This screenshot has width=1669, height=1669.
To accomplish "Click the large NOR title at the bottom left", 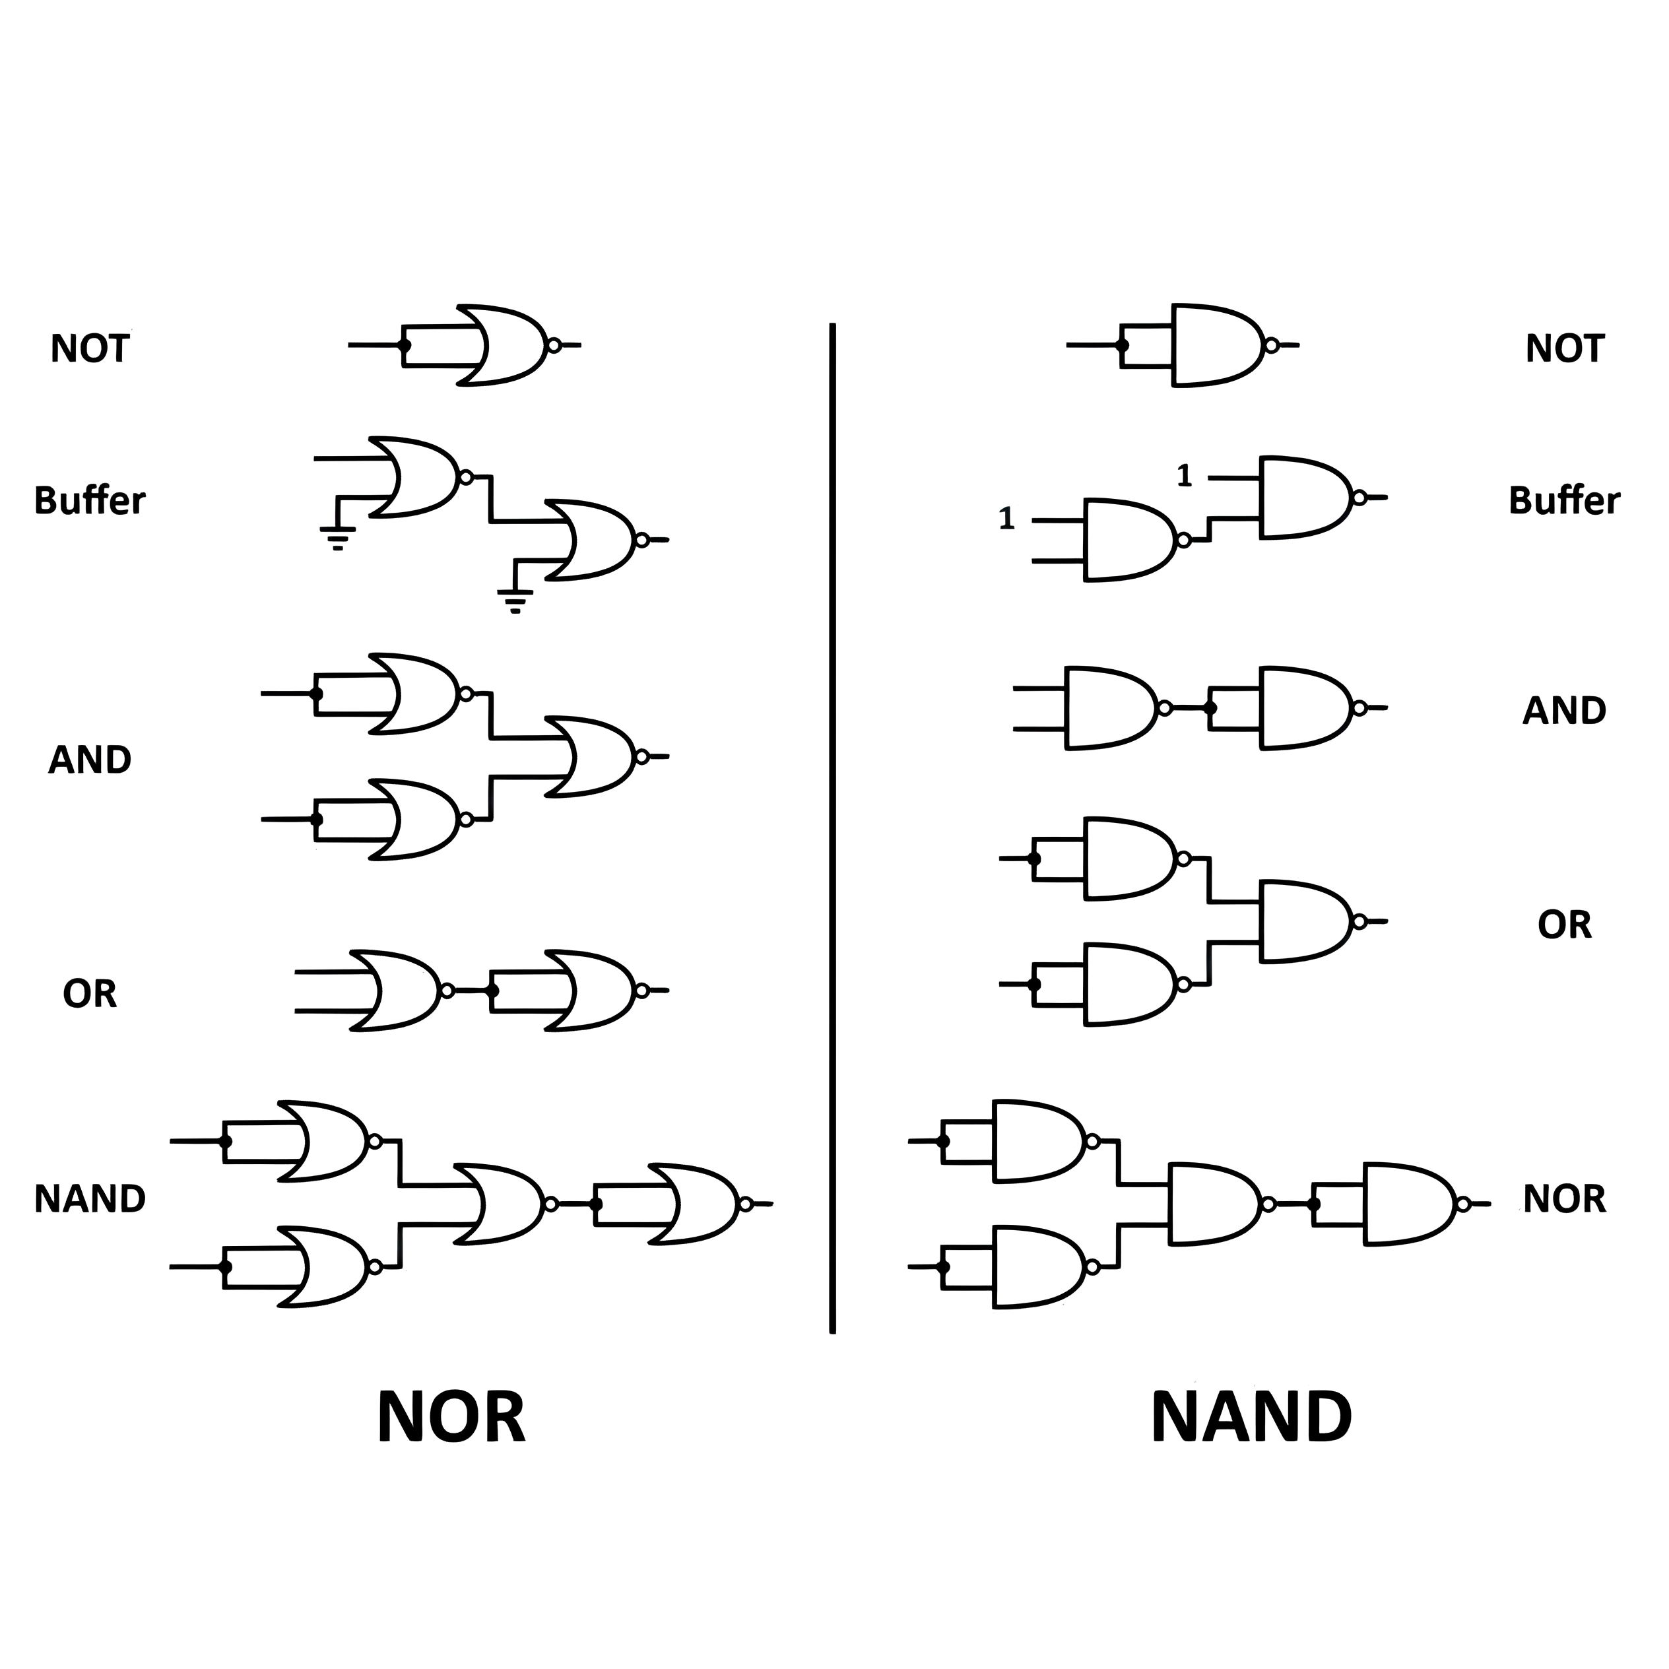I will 450,1418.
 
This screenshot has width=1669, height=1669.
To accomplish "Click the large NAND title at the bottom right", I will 1251,1418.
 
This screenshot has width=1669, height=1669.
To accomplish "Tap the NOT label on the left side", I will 90,349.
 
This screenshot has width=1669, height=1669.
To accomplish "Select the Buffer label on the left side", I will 90,501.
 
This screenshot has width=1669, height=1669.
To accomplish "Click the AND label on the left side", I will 90,760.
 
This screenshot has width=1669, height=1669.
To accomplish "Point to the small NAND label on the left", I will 90,1199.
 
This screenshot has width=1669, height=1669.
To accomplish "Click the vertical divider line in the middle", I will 832,830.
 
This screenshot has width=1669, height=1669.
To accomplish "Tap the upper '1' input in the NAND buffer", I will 1185,476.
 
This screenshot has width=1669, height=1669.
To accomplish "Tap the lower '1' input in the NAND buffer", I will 1006,519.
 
